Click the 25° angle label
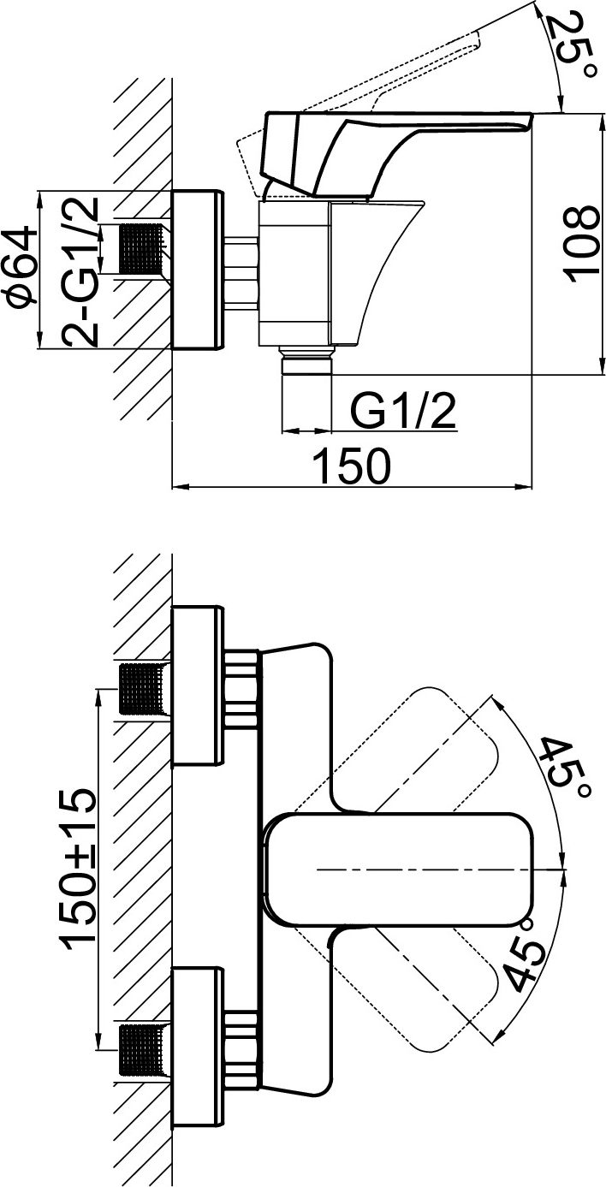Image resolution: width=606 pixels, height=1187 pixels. [x=569, y=45]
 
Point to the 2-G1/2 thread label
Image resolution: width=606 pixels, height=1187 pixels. [x=80, y=272]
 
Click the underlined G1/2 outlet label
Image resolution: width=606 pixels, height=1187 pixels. [x=403, y=411]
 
